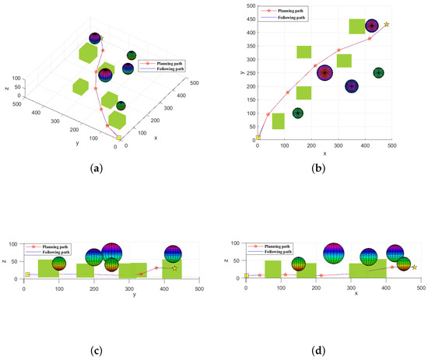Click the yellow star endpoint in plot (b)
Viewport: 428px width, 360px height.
tap(387, 24)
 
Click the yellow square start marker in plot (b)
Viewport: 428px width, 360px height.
tap(258, 138)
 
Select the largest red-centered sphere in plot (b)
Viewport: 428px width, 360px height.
tap(325, 73)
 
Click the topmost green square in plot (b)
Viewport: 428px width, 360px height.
tap(357, 26)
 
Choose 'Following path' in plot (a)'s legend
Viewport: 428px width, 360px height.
tap(169, 68)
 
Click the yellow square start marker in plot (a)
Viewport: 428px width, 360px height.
tap(118, 138)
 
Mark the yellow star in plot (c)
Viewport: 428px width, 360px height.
tap(175, 268)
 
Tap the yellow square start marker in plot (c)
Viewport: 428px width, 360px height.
tap(27, 274)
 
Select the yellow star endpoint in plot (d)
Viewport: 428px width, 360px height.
tap(414, 267)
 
